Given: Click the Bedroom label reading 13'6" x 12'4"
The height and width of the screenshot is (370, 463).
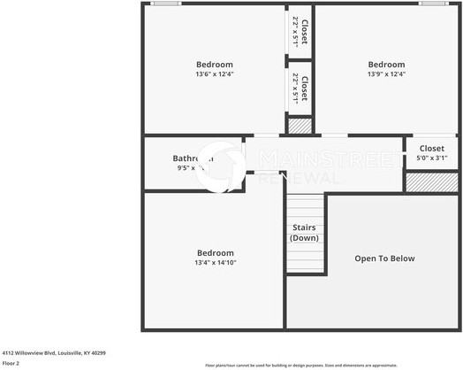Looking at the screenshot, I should coord(214,64).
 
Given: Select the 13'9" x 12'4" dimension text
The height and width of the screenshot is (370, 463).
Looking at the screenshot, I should coord(386,74).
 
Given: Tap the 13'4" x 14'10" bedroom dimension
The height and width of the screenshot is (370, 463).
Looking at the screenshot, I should coord(215,262).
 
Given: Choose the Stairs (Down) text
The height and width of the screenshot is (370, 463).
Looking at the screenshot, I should coord(305,232).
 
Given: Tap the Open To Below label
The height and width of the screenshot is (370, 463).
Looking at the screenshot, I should coord(384,258).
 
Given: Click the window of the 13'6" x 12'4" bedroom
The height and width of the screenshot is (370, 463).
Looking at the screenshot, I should coord(165,4).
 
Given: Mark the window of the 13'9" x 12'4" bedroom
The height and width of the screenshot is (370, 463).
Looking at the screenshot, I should coord(433,4).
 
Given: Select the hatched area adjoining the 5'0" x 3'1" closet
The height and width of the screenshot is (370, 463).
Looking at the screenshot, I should coord(431,181).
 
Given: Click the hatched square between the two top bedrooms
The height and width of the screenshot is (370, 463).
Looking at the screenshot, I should coord(300,126).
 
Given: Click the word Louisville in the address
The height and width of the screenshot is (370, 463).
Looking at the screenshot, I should coord(69,352).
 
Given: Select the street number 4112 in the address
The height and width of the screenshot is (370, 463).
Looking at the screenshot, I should coord(9,352).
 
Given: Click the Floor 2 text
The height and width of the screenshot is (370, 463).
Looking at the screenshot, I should coord(11,363).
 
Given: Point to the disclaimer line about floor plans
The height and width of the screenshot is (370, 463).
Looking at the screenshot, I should coord(300,365).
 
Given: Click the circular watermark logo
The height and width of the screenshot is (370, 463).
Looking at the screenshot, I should coord(220,166).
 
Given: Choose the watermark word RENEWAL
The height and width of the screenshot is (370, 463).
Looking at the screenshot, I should coord(300,178).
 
